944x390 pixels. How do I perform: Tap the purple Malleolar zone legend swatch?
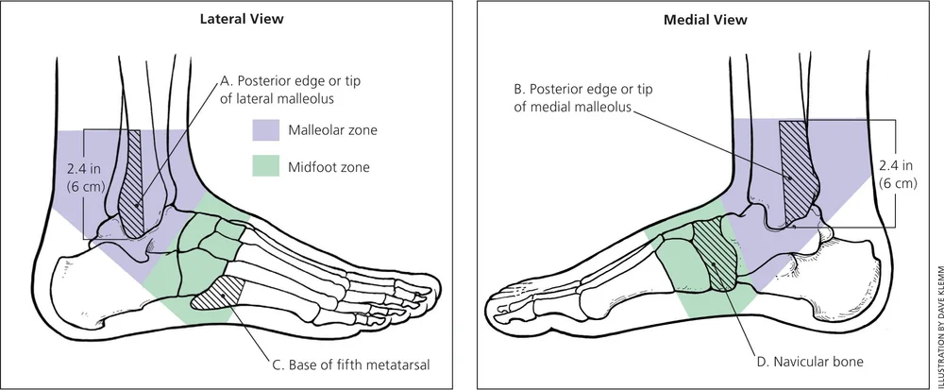click(269, 129)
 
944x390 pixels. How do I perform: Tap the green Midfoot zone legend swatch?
click(269, 167)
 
